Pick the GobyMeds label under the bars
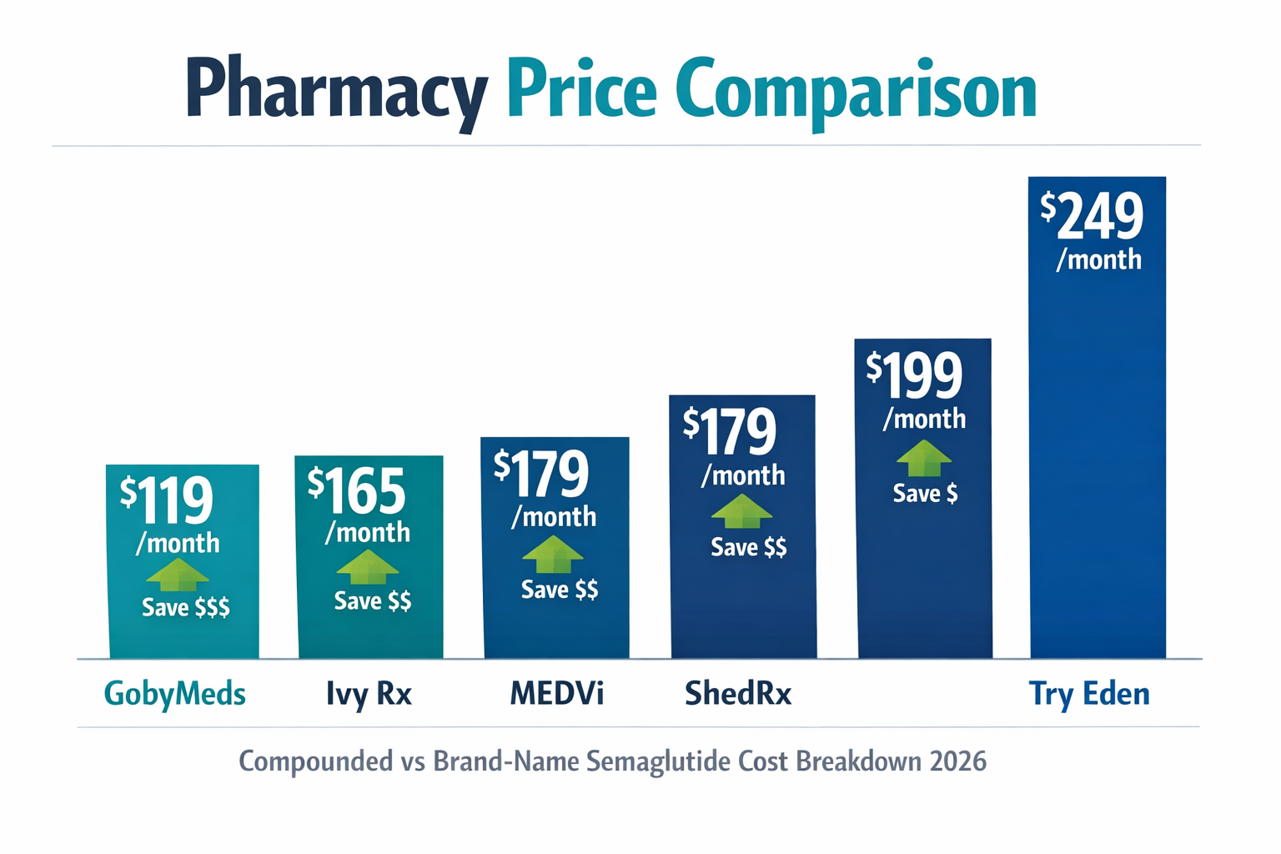point(174,694)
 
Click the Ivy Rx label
point(369,694)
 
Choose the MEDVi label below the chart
point(556,694)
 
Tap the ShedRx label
point(738,694)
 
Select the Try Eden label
point(1089,694)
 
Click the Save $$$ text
point(185,607)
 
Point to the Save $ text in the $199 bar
point(925,494)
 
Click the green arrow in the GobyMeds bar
point(177,575)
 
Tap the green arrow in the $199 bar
point(923,459)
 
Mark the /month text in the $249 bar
point(1098,260)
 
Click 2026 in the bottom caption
point(957,761)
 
